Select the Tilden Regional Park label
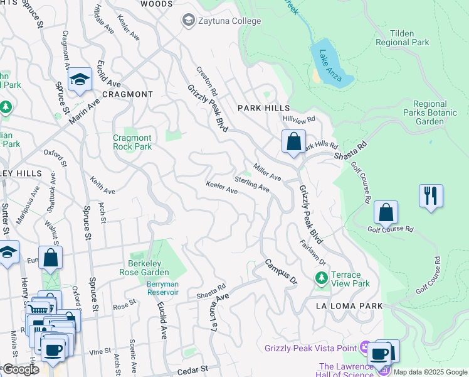click(x=401, y=38)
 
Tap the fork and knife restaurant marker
click(x=431, y=195)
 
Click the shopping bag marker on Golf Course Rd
click(x=386, y=212)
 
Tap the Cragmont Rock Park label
click(x=132, y=142)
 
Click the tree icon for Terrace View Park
click(x=321, y=277)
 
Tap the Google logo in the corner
click(x=20, y=369)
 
